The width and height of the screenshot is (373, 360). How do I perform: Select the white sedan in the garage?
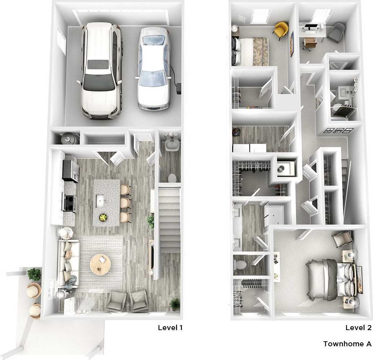pyautogui.click(x=153, y=68)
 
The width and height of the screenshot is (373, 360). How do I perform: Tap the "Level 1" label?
pyautogui.click(x=170, y=328)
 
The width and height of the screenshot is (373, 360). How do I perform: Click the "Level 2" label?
pyautogui.click(x=358, y=328)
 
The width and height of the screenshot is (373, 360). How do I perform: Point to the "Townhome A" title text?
pyautogui.click(x=347, y=344)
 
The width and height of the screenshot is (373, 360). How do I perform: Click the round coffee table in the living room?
pyautogui.click(x=100, y=264)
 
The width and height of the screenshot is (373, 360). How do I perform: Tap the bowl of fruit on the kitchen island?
pyautogui.click(x=103, y=217)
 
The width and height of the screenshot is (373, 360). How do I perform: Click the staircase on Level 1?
pyautogui.click(x=169, y=220)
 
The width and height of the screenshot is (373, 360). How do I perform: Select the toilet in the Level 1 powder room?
pyautogui.click(x=172, y=178)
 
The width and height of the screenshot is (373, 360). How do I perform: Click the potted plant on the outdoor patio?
pyautogui.click(x=34, y=274)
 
